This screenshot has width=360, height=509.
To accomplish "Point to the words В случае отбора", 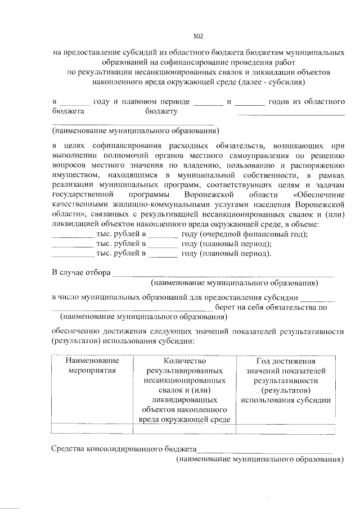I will point(80,273).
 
